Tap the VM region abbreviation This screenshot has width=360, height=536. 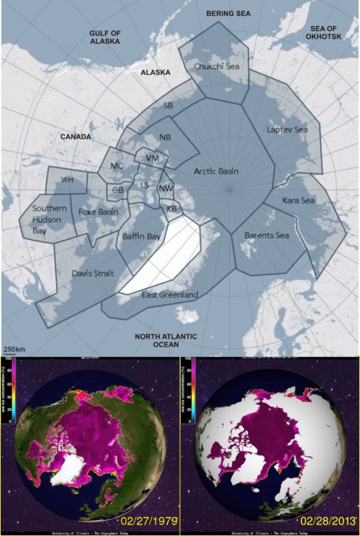pyautogui.click(x=151, y=157)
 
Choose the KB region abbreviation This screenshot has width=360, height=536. pyautogui.click(x=172, y=209)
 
